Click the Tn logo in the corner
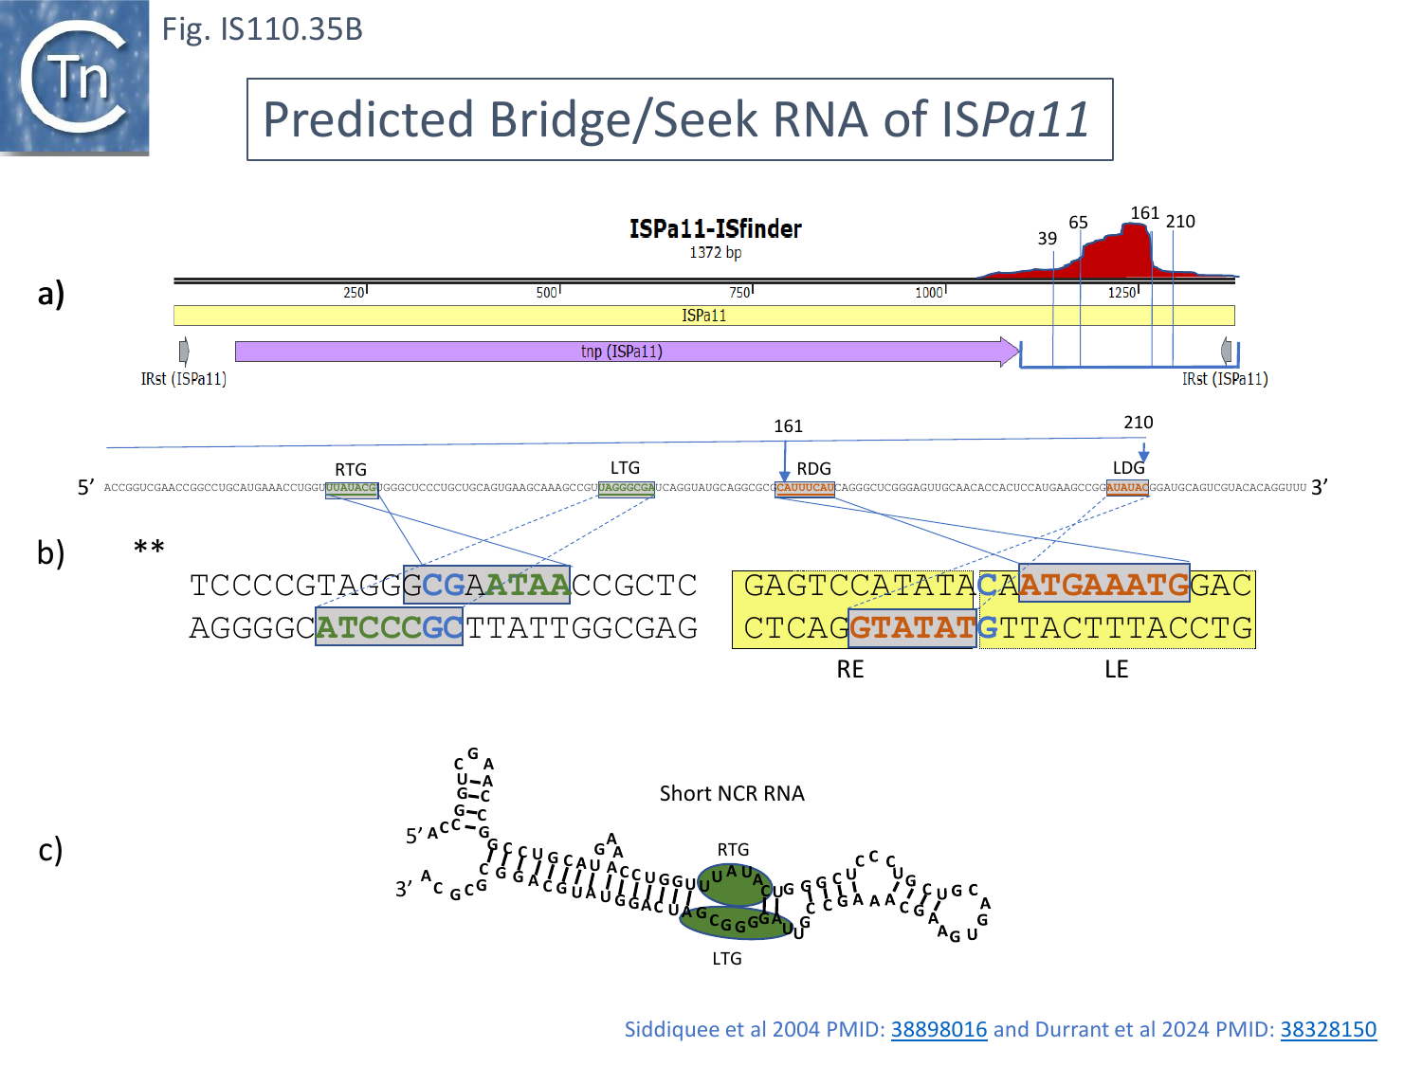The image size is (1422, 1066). click(x=74, y=77)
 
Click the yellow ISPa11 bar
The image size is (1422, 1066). click(x=703, y=316)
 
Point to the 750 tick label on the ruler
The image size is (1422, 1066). click(x=740, y=293)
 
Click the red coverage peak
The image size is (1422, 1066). click(x=1119, y=251)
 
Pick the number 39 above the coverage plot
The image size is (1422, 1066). click(x=1047, y=239)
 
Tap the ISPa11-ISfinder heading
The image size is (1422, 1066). click(x=715, y=229)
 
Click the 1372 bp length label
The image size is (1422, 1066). click(x=715, y=253)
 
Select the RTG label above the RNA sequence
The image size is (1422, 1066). click(x=351, y=470)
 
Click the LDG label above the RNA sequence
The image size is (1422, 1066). click(x=1128, y=468)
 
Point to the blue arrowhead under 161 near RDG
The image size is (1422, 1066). click(x=784, y=476)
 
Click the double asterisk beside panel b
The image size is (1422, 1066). click(x=149, y=548)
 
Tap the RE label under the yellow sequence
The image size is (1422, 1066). click(x=850, y=670)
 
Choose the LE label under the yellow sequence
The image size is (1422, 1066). click(x=1116, y=670)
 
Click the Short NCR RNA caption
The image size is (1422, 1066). click(x=732, y=794)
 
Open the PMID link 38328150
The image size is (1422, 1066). click(x=1328, y=1030)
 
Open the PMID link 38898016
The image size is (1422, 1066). click(x=939, y=1030)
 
